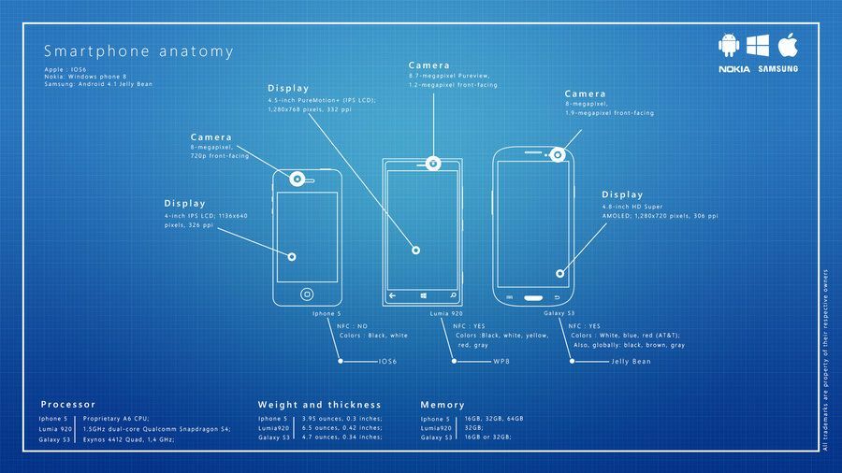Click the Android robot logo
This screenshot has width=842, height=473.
tap(729, 45)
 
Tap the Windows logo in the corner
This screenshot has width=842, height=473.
tap(758, 45)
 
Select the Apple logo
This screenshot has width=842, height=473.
tap(787, 45)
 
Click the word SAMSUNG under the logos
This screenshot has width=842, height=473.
tap(777, 69)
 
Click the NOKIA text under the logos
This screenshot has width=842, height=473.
tap(733, 69)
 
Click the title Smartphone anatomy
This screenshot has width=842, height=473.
tap(138, 51)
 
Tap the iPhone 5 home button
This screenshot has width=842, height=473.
tap(306, 294)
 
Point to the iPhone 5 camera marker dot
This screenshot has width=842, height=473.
tap(298, 178)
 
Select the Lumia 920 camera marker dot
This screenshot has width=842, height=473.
tap(433, 163)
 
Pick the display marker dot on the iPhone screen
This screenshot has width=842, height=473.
tap(292, 256)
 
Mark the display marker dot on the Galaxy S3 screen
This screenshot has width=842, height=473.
tap(560, 274)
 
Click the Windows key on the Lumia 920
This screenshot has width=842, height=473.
tap(419, 294)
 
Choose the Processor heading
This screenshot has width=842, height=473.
tap(68, 405)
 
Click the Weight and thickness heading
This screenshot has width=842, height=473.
tap(319, 405)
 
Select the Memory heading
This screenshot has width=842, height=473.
tap(443, 405)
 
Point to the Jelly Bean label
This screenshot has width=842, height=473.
tap(631, 361)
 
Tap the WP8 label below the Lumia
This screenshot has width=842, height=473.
tap(501, 361)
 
